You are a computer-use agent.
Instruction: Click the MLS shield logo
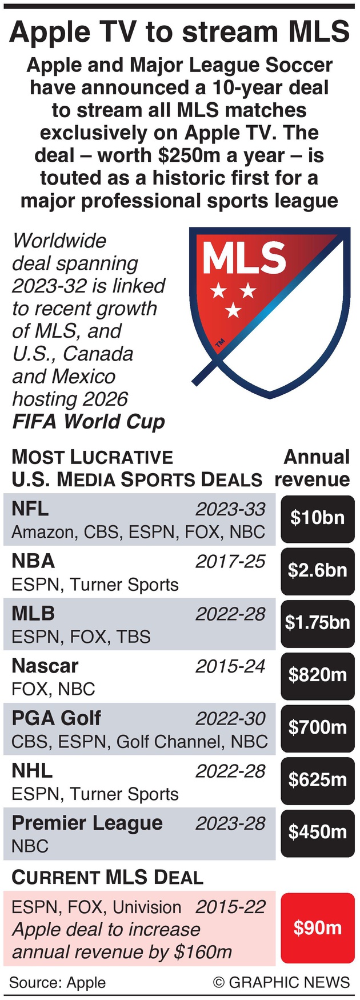click(269, 311)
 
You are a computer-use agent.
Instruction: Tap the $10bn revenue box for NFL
click(318, 518)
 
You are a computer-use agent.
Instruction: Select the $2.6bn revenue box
click(318, 570)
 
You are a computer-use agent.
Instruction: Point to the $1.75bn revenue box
click(318, 623)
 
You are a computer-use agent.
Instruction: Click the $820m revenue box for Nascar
click(318, 675)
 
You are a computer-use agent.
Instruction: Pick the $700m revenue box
click(318, 727)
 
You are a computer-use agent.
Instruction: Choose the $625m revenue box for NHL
click(318, 780)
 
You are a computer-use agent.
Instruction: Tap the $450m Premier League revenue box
click(318, 832)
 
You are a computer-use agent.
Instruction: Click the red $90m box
click(318, 929)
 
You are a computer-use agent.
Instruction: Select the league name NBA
click(33, 561)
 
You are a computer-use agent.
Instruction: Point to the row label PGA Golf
click(56, 718)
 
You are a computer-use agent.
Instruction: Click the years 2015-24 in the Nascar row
click(230, 666)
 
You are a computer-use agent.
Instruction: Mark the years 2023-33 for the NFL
click(230, 509)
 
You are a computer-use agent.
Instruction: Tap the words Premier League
click(87, 823)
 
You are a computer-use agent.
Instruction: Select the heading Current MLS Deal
click(107, 877)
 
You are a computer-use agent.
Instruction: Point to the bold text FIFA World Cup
click(89, 422)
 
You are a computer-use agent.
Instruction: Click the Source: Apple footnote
click(57, 983)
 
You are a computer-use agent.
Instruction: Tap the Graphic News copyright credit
click(281, 983)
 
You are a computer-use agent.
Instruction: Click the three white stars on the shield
click(233, 299)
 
